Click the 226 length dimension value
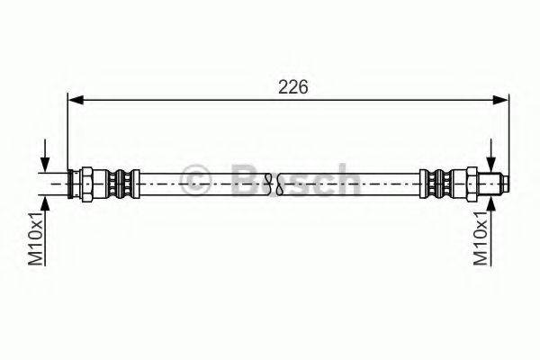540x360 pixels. [292, 87]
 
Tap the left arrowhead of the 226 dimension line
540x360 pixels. [76, 100]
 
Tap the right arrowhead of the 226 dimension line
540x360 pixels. [500, 100]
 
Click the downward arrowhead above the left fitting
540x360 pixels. [45, 164]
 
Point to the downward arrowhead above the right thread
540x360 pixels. [490, 164]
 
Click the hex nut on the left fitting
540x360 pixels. [86, 184]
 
